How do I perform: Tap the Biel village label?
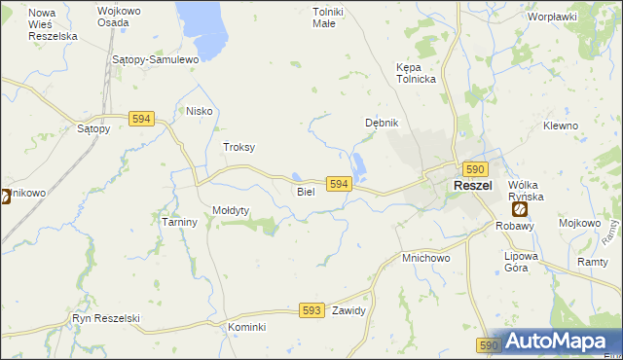(306, 192)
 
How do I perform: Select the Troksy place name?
(239, 147)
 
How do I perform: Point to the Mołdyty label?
(232, 210)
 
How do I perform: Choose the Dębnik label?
(382, 123)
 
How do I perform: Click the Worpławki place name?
(552, 17)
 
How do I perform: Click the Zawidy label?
(348, 311)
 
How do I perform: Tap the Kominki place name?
(247, 327)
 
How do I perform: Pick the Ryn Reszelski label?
(107, 318)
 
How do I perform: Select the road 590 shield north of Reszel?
(474, 168)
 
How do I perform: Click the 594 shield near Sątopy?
(141, 119)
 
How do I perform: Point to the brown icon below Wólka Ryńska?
(520, 208)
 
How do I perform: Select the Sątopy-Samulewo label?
(156, 59)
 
